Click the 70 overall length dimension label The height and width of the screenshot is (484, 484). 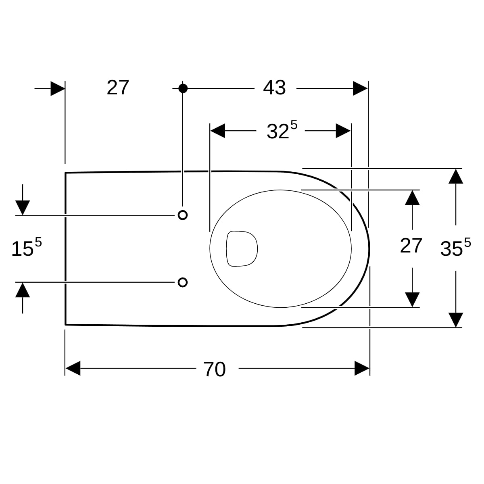point(214,369)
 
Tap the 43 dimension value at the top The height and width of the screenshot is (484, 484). point(274,88)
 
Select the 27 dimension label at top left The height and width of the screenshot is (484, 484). point(118,88)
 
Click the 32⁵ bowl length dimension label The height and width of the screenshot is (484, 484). point(282,130)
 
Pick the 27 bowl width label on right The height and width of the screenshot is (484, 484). point(411,246)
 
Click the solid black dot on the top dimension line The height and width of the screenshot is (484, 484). point(183,88)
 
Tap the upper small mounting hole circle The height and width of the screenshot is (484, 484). point(183,215)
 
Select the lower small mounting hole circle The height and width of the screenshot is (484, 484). point(183,283)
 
